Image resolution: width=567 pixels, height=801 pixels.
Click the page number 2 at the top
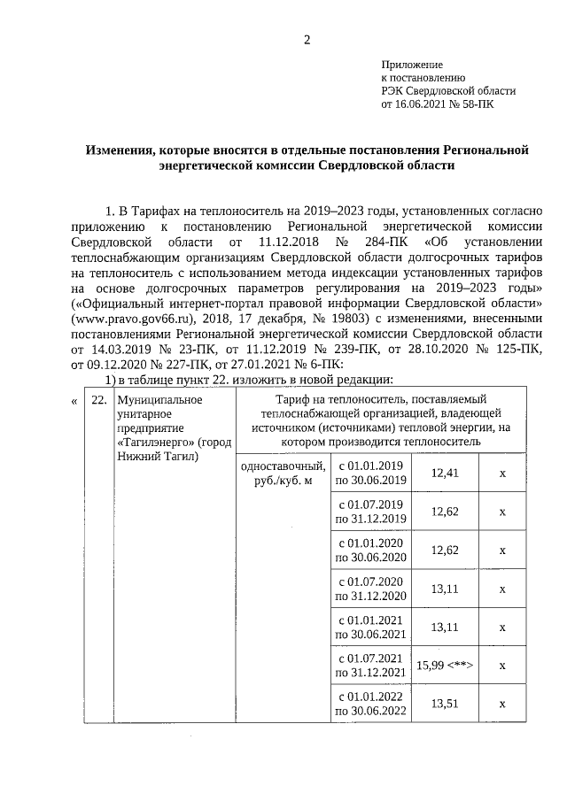(307, 39)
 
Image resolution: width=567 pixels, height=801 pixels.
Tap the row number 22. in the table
(99, 400)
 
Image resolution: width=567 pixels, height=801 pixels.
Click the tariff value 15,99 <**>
(446, 666)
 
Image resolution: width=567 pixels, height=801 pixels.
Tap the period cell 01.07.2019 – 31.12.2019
(369, 512)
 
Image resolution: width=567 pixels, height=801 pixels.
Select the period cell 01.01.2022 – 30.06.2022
(369, 704)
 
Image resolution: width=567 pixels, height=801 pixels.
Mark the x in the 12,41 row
(501, 474)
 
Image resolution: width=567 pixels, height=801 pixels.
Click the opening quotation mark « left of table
(74, 400)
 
